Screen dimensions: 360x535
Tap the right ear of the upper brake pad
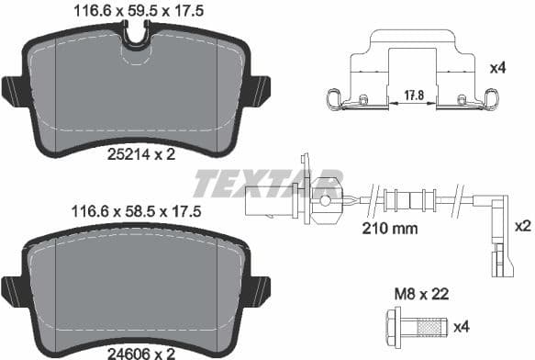click(x=259, y=91)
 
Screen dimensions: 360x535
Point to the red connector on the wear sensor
click(x=325, y=196)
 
